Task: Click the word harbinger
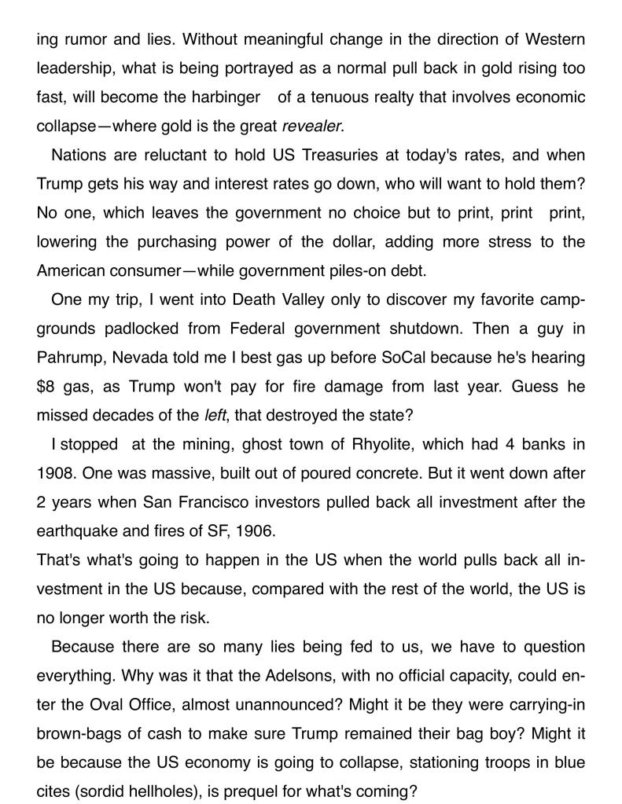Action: (223, 97)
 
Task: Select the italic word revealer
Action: (312, 126)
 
